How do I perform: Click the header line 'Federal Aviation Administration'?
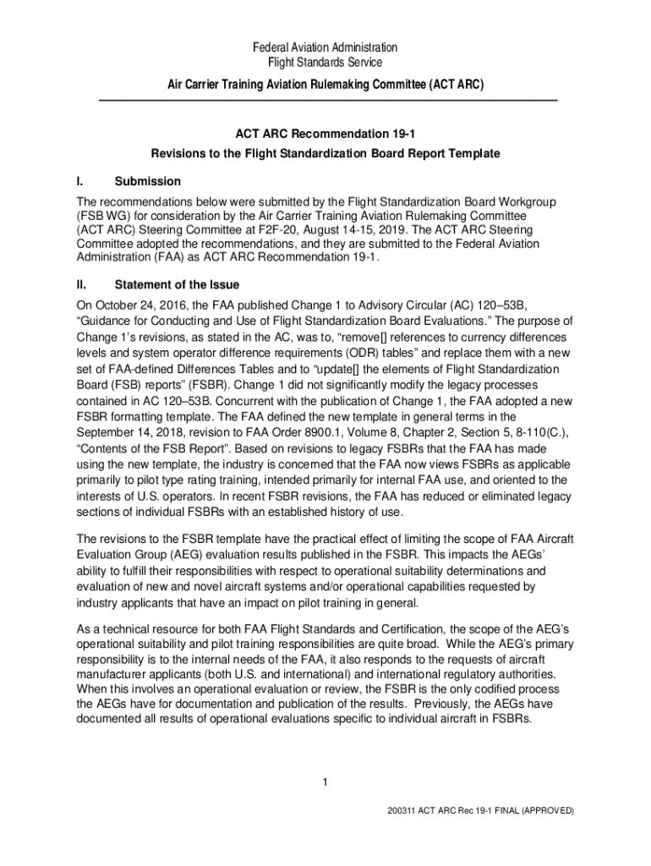325,47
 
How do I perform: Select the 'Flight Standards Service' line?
325,63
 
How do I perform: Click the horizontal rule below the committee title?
328,101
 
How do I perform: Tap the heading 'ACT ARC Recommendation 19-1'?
325,134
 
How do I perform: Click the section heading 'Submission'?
148,181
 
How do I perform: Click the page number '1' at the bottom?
325,780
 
